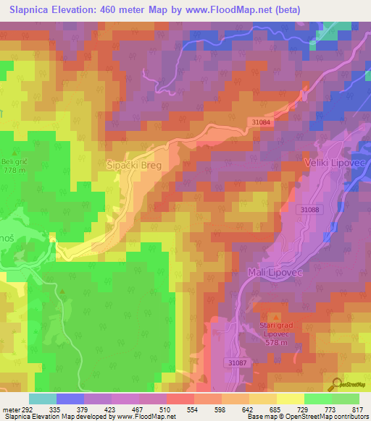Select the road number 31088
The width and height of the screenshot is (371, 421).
(x=308, y=210)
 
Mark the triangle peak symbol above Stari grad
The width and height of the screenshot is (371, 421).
(x=275, y=318)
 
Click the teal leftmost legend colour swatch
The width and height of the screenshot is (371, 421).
(x=43, y=399)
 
